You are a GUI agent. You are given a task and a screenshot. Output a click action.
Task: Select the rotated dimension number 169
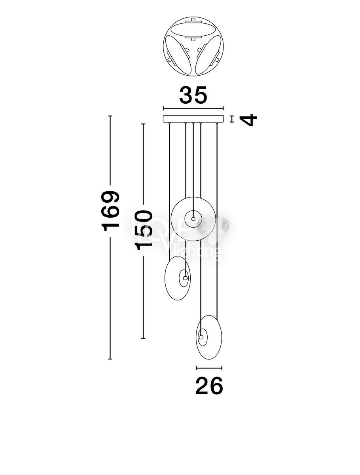click(x=110, y=211)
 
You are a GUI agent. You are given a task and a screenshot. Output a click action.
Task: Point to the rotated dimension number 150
click(x=143, y=230)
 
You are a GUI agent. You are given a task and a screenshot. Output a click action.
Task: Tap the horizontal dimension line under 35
click(x=193, y=108)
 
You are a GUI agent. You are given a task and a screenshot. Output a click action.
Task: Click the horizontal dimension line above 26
click(x=209, y=368)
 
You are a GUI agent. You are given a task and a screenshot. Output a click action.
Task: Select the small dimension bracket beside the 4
click(x=232, y=119)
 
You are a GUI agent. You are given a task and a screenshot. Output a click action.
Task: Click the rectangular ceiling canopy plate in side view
click(x=193, y=119)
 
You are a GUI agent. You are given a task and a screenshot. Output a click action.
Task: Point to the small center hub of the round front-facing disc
click(x=193, y=219)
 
